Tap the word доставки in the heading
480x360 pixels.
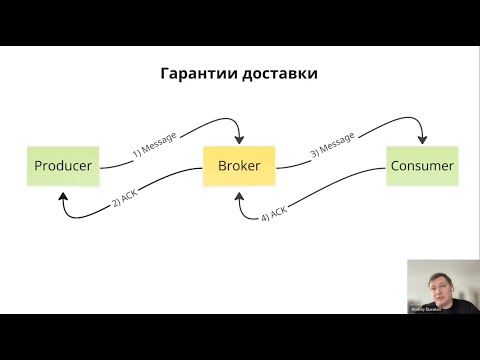pos(279,75)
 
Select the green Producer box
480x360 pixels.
pos(63,165)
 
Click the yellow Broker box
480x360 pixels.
pos(240,165)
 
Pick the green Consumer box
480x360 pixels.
pos(421,165)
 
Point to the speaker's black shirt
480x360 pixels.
pos(450,306)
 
